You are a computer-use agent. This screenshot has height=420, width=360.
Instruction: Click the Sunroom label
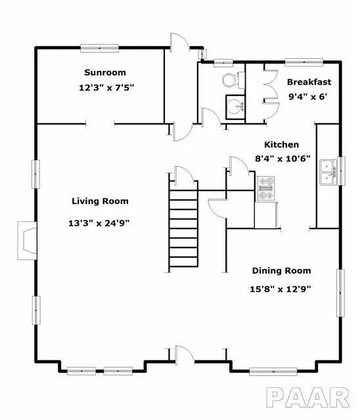pyautogui.click(x=104, y=72)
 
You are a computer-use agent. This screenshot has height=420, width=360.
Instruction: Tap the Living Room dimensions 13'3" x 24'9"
pyautogui.click(x=100, y=222)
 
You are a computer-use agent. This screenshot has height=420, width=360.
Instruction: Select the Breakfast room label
pyautogui.click(x=309, y=82)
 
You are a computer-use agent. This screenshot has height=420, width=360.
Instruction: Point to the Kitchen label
pyautogui.click(x=281, y=144)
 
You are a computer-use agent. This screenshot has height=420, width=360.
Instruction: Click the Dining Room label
pyautogui.click(x=282, y=270)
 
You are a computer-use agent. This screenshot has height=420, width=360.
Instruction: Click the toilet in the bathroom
pyautogui.click(x=230, y=81)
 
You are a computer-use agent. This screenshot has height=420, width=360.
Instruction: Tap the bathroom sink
pyautogui.click(x=235, y=106)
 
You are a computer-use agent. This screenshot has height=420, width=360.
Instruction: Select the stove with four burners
pyautogui.click(x=266, y=188)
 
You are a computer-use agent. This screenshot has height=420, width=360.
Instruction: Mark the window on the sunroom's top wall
pyautogui.click(x=99, y=47)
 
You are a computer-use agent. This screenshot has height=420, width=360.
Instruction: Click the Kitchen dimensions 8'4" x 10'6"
pyautogui.click(x=282, y=159)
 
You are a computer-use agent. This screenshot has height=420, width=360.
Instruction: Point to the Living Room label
pyautogui.click(x=100, y=201)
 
